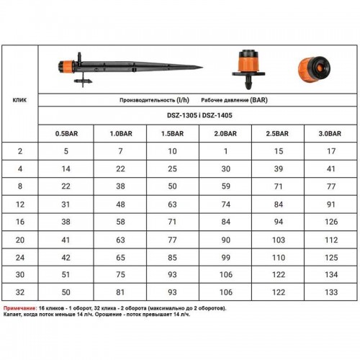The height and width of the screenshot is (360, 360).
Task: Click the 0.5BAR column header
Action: click(x=66, y=134)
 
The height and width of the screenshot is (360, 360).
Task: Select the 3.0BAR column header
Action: click(x=330, y=134)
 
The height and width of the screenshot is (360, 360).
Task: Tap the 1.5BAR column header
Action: click(x=172, y=134)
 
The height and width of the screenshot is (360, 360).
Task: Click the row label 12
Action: click(x=20, y=204)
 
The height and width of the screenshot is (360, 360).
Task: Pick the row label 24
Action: click(x=20, y=258)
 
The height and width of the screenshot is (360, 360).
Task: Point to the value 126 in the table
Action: click(x=331, y=222)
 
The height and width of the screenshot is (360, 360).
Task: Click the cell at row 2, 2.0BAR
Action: click(x=225, y=151)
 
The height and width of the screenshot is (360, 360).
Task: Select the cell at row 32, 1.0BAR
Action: click(x=120, y=292)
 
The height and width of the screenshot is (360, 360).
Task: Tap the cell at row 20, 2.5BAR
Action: click(x=279, y=240)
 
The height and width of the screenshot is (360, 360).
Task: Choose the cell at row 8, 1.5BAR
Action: click(x=172, y=186)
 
